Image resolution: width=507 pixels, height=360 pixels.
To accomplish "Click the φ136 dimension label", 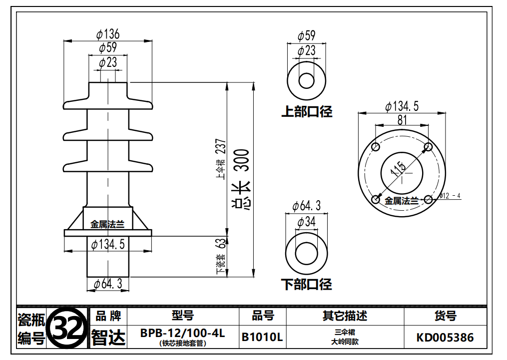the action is point(108,34).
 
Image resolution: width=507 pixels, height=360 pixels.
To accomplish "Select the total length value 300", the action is point(242,160).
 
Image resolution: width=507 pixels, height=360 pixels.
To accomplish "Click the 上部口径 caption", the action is point(307,111).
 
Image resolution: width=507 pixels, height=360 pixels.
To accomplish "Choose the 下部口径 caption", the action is point(307,285).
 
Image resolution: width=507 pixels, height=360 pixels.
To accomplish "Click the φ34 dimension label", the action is point(306,222).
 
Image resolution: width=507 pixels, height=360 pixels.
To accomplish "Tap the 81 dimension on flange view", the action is point(402,120).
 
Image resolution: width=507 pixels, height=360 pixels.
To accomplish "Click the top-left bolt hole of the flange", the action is point(376,147).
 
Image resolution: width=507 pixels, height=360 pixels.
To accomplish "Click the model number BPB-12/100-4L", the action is point(183,333).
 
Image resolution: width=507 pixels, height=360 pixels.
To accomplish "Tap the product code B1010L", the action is point(262,337).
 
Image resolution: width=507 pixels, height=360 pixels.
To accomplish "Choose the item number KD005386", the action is point(445,338).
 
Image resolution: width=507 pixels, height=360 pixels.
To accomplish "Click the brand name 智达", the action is point(108,338).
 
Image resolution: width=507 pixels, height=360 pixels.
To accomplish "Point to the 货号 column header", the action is point(445,316).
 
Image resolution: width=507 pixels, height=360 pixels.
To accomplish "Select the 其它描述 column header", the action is point(345,316).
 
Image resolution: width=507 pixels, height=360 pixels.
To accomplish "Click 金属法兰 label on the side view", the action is point(107,224).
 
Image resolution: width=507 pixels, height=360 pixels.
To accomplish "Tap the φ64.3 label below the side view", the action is point(108,284).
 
